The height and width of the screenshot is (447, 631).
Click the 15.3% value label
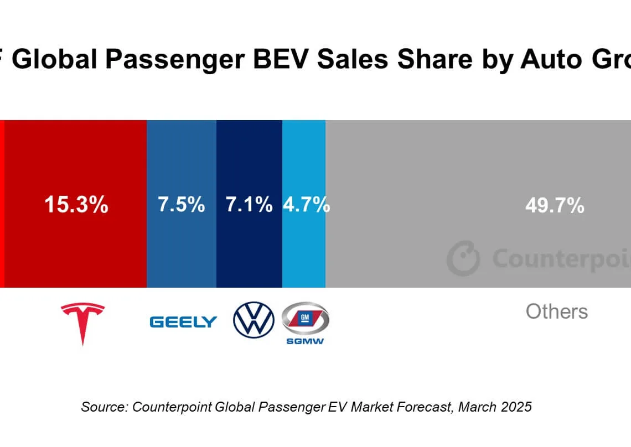coord(76,205)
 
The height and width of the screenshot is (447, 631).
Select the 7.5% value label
coord(181,205)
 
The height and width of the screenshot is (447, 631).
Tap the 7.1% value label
coord(249,205)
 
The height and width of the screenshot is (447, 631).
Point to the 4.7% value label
coord(306,205)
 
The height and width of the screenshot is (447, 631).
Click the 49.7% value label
coord(555,206)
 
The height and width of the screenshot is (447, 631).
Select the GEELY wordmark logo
coord(183,322)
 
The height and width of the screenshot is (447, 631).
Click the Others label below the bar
coord(556,311)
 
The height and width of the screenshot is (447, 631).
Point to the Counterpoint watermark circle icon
coord(463,258)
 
